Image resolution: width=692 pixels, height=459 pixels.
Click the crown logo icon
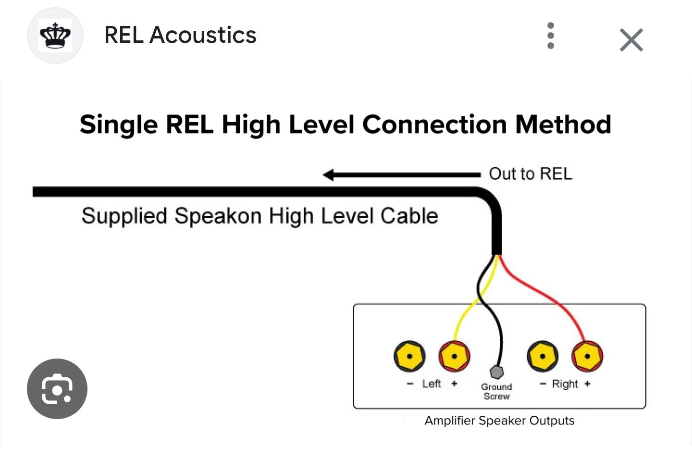55,36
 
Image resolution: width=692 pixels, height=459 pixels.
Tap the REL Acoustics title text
180,35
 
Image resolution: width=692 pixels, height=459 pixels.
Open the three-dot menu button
551,36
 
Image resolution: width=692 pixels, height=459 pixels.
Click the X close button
631,39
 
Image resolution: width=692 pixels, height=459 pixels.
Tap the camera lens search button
57,388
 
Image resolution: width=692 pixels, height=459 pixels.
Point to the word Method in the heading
563,125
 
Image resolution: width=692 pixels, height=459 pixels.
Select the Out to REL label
530,174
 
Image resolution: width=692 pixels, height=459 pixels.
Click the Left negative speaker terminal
409,356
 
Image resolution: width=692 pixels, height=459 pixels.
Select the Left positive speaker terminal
454,356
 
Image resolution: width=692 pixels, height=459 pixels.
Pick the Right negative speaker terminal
543,356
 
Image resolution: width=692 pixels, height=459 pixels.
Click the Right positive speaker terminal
587,356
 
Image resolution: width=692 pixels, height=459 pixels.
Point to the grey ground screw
496,372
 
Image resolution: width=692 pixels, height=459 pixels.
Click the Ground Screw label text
496,391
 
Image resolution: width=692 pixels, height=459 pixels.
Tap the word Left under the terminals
431,384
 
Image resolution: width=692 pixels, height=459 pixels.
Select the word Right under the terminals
565,384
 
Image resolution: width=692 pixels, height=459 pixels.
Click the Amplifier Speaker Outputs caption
499,421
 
